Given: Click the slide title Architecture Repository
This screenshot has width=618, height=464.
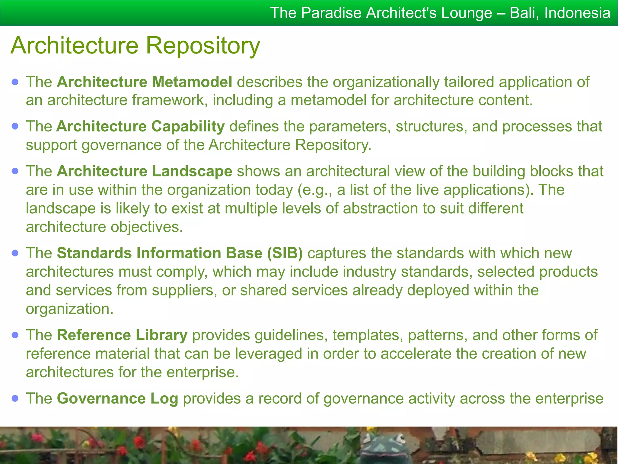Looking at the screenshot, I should [135, 46].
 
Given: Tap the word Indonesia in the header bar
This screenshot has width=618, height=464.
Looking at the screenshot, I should [577, 13].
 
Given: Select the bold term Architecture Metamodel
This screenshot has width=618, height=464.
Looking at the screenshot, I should [145, 82].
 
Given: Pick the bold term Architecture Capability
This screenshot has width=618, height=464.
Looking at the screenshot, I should [141, 127].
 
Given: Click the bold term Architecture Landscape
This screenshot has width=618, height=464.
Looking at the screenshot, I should [145, 171].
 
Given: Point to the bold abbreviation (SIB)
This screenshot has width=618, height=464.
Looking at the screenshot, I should [285, 253].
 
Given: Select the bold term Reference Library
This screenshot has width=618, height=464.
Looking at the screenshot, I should [122, 335].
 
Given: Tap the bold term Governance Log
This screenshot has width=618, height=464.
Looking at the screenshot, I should [117, 398].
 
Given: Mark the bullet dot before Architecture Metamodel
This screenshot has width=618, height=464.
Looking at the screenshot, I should [15, 82].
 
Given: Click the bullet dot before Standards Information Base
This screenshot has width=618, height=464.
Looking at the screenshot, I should [15, 253].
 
